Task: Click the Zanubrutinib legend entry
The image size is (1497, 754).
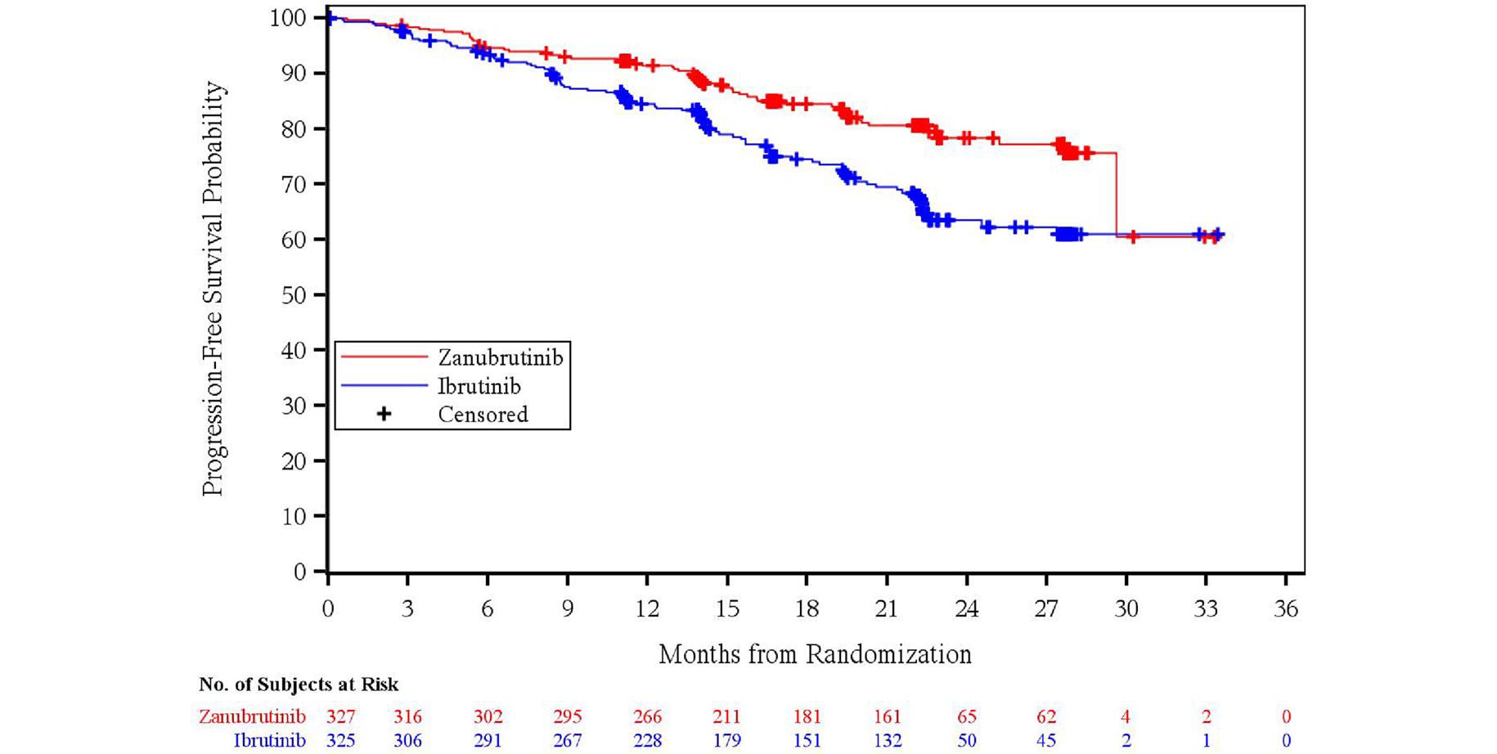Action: (500, 358)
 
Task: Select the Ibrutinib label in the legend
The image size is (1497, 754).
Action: (479, 386)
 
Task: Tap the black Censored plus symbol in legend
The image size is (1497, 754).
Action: (384, 414)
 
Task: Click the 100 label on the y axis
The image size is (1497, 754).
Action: (288, 18)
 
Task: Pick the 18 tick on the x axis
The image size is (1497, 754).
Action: (807, 609)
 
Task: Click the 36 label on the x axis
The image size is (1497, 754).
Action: (1286, 609)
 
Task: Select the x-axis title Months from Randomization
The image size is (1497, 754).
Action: (815, 654)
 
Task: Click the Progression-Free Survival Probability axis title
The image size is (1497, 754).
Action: (213, 288)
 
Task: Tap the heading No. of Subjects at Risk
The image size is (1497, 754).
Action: (299, 684)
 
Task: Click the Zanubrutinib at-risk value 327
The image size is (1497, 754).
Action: (341, 717)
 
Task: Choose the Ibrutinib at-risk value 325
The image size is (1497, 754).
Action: (341, 741)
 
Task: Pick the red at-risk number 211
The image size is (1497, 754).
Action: (726, 717)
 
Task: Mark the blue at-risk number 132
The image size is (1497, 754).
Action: (887, 741)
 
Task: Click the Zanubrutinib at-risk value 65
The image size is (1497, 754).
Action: (967, 717)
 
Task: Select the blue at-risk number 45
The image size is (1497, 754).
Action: (1046, 741)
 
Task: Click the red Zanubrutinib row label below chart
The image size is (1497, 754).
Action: (252, 717)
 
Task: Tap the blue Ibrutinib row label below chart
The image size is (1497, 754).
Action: (270, 741)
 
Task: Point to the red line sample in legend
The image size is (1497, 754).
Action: (384, 357)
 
